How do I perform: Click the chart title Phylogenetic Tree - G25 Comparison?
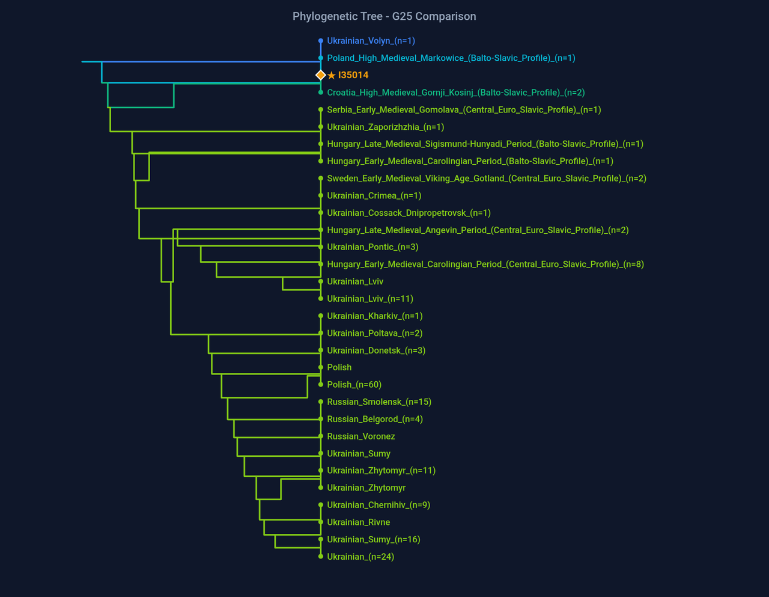point(384,16)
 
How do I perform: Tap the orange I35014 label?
point(353,75)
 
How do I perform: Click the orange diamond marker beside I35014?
point(321,75)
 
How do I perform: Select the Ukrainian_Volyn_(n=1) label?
point(371,41)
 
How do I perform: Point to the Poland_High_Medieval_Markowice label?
point(451,58)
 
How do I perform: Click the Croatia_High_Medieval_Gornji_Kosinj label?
point(455,93)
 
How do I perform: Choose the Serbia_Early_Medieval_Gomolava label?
point(464,110)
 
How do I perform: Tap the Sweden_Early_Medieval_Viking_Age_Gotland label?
point(487,179)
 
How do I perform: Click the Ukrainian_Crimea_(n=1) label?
point(374,195)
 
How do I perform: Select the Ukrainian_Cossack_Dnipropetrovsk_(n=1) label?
point(409,213)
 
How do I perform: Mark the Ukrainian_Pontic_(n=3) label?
point(372,247)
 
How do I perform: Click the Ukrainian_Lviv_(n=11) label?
point(370,299)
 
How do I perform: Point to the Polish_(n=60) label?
point(354,385)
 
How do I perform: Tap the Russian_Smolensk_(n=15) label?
point(379,402)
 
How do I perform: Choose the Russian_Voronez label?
point(360,436)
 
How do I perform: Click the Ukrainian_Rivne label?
point(358,522)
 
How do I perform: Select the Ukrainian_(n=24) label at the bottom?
point(360,557)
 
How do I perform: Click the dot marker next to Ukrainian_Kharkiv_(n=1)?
point(321,316)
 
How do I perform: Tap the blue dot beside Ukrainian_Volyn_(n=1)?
point(321,41)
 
